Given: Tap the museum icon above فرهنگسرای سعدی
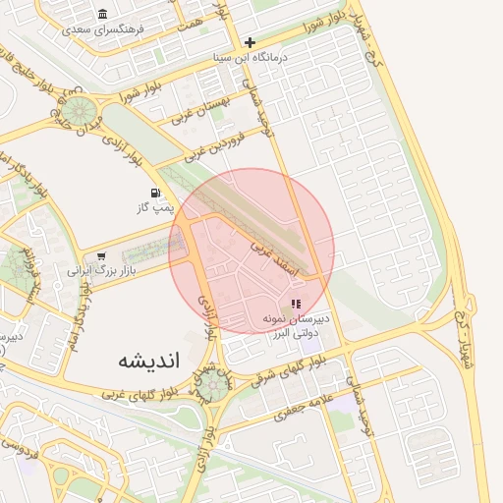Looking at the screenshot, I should tap(103, 14).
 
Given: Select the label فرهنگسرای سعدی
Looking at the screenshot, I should tap(102, 29).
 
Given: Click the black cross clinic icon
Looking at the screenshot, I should tap(251, 42).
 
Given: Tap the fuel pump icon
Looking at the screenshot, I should tap(154, 193).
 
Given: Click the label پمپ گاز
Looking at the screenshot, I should tap(153, 208).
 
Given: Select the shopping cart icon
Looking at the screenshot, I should tap(101, 256).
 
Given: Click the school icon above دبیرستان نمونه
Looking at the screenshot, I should tap(297, 304).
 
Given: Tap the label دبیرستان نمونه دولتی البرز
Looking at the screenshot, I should tap(296, 326).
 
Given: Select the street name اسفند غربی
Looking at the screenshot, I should tap(276, 252).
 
